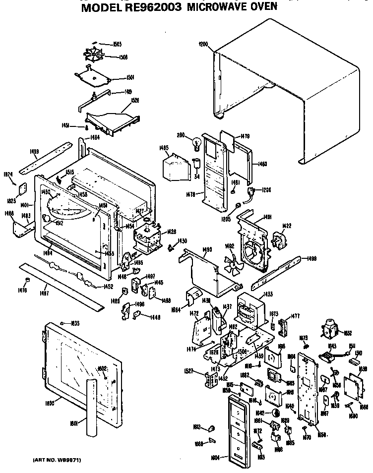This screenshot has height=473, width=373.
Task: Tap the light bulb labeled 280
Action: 197,142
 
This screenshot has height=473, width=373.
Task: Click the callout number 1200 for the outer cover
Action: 202,44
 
